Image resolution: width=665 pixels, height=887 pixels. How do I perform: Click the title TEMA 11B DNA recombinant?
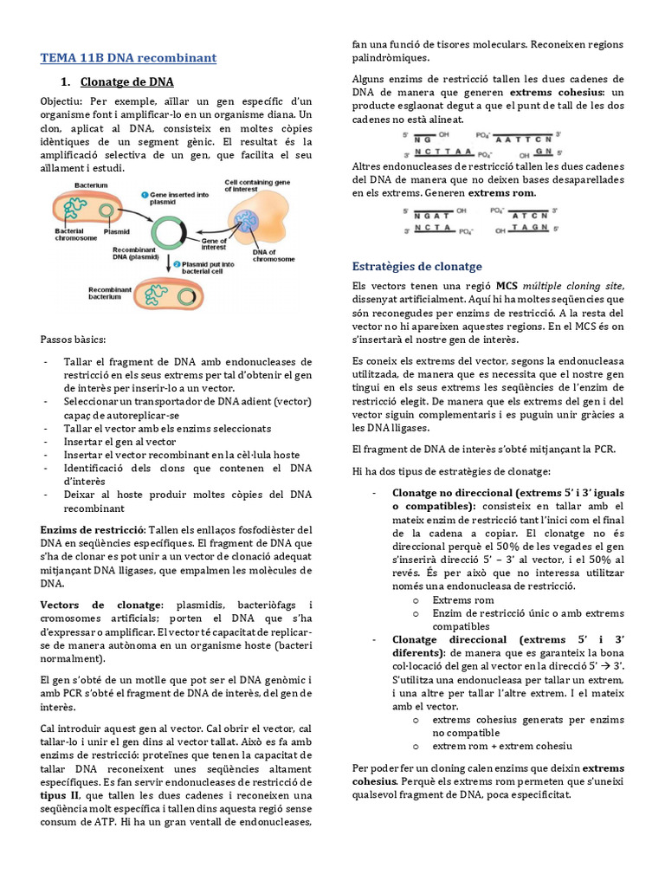coord(128,58)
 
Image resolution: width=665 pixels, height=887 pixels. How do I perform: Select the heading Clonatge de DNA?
coord(126,82)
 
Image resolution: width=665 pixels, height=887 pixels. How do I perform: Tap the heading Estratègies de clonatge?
coord(417,266)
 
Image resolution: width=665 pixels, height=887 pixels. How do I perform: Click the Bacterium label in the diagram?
coord(91,186)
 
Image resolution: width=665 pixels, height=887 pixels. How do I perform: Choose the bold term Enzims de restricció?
coord(93,529)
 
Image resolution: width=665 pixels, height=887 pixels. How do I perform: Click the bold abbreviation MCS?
coord(507,286)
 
